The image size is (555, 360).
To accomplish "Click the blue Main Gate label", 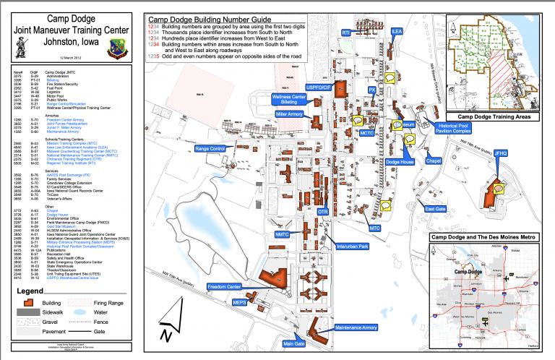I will click(x=293, y=343).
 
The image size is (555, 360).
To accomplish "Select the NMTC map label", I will click(x=283, y=235).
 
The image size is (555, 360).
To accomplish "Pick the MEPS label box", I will click(x=241, y=324).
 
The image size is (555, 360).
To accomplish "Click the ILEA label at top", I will click(x=396, y=32).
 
